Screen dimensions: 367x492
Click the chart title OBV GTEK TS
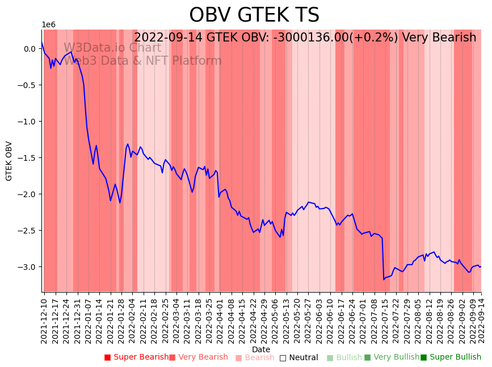point(254,15)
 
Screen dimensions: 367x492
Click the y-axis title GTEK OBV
point(9,161)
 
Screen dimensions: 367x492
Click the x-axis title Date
point(261,349)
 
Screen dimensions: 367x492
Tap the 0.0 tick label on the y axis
point(29,49)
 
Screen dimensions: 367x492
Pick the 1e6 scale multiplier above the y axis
point(48,25)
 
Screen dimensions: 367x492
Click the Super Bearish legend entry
point(136,357)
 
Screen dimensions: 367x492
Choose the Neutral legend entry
point(298,358)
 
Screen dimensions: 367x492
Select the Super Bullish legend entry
point(451,357)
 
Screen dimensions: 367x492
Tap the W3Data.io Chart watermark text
point(112,48)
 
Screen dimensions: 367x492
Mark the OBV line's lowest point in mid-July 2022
point(384,280)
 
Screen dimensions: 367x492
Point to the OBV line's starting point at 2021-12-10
point(42,42)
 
